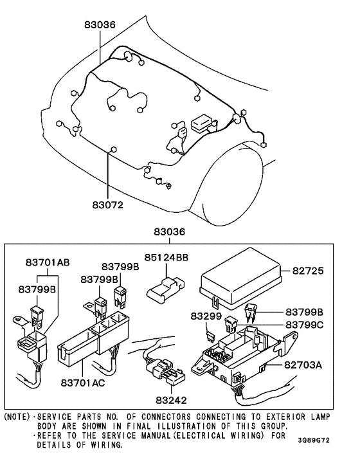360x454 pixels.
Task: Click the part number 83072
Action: (107, 204)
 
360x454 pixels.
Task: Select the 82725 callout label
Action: (308, 271)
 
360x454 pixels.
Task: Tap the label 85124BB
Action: (166, 257)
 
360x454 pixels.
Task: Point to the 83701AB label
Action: (48, 262)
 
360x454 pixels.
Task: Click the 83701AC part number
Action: (83, 383)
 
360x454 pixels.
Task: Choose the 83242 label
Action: (171, 400)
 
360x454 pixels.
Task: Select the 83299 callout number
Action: (206, 316)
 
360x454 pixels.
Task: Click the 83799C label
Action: (304, 325)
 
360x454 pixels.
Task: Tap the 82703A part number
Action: (303, 365)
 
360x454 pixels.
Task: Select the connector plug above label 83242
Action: (165, 370)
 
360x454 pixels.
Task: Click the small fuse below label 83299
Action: (210, 338)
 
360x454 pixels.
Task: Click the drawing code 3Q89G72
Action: (314, 440)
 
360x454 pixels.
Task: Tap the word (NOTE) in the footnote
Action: (17, 417)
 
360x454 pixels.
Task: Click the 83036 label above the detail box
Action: (169, 232)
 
